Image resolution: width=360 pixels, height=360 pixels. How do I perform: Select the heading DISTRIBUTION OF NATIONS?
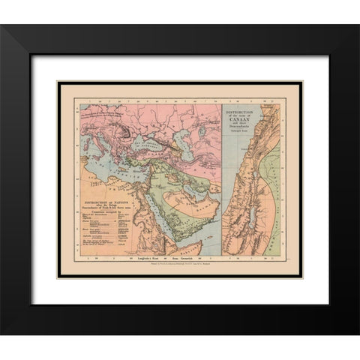106,202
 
